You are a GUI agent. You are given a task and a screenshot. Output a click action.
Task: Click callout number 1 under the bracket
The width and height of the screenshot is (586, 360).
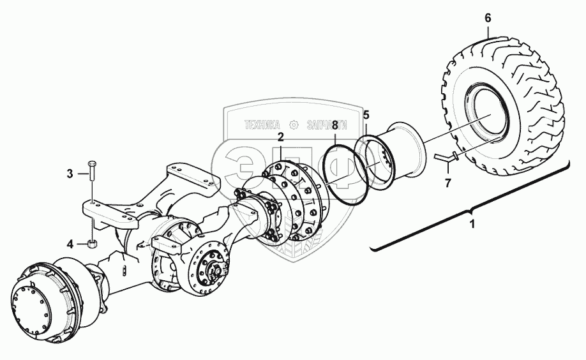click(x=472, y=225)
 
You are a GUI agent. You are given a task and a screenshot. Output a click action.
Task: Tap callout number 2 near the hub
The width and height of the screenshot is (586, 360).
click(x=280, y=137)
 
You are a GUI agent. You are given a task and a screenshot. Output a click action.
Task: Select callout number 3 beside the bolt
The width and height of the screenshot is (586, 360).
click(x=71, y=173)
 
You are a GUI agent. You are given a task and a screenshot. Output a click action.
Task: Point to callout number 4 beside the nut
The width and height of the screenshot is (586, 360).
click(x=71, y=243)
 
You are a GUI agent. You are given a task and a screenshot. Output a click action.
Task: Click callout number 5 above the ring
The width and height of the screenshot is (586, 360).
click(x=366, y=116)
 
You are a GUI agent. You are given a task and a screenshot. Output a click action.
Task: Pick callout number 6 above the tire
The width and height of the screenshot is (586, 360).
click(x=488, y=18)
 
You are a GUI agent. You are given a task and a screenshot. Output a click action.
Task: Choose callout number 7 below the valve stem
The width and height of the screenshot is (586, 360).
click(x=448, y=183)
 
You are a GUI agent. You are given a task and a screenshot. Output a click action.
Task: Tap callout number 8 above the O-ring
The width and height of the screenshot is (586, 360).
click(x=334, y=127)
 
